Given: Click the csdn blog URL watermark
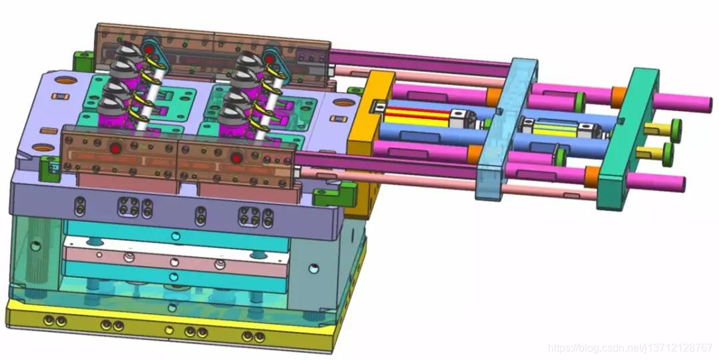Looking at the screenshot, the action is (630, 347).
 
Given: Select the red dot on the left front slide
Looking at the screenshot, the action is (115, 148).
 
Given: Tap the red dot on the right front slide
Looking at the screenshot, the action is (236, 158).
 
